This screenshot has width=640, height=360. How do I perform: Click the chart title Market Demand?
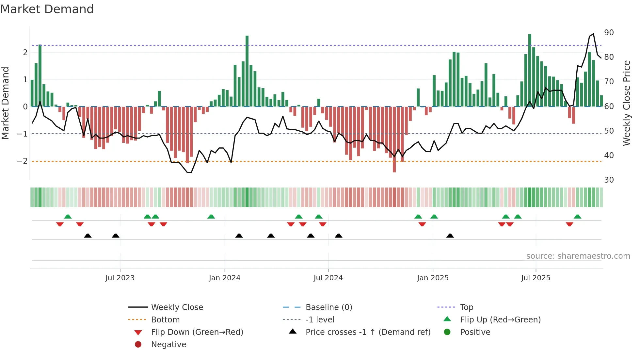pyautogui.click(x=47, y=9)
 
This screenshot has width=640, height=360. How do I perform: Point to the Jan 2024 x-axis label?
pyautogui.click(x=224, y=278)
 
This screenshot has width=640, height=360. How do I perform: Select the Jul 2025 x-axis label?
pyautogui.click(x=536, y=278)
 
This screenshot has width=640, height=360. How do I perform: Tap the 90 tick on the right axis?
pyautogui.click(x=609, y=33)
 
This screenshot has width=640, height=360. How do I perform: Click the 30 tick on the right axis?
pyautogui.click(x=609, y=180)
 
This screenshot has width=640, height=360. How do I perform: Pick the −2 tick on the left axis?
pyautogui.click(x=22, y=161)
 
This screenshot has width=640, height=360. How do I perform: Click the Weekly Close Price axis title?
pyautogui.click(x=626, y=103)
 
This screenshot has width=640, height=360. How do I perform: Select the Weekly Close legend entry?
pyautogui.click(x=177, y=307)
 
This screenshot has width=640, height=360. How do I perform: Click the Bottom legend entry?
pyautogui.click(x=165, y=320)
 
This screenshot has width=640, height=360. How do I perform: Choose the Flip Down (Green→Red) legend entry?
pyautogui.click(x=197, y=332)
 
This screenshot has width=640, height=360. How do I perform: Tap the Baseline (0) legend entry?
pyautogui.click(x=328, y=307)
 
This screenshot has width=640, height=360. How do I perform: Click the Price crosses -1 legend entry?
pyautogui.click(x=368, y=332)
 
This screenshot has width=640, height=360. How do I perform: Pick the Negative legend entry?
pyautogui.click(x=168, y=345)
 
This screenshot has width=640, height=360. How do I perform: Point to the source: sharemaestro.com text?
pyautogui.click(x=578, y=256)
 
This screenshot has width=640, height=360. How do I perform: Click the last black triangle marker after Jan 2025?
pyautogui.click(x=450, y=236)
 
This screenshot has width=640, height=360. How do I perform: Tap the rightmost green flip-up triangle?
pyautogui.click(x=577, y=217)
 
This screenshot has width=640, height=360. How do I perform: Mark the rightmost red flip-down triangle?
pyautogui.click(x=569, y=224)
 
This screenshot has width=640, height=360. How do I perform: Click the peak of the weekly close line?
pyautogui.click(x=593, y=34)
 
